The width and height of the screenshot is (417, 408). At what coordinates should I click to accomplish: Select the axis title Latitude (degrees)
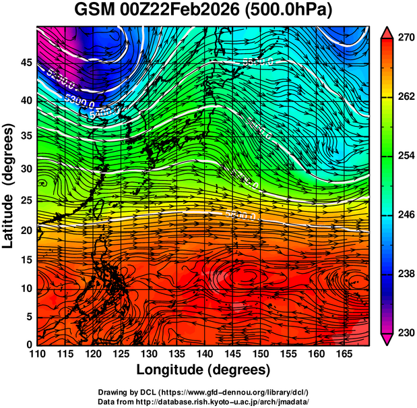(x=10, y=185)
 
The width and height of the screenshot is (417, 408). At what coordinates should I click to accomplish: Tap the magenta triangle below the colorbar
(x=387, y=339)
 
